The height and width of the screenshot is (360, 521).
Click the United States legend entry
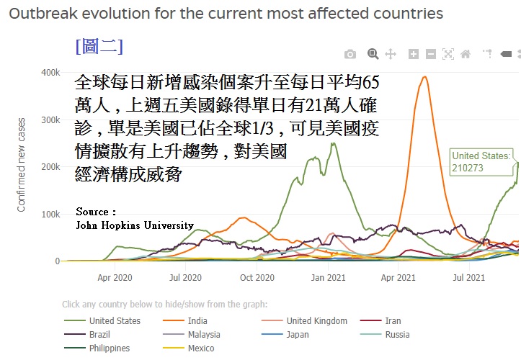pyautogui.click(x=114, y=321)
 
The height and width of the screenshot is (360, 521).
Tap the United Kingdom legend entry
pyautogui.click(x=316, y=321)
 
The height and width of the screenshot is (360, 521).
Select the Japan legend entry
pyautogui.click(x=297, y=335)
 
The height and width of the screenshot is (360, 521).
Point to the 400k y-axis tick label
pyautogui.click(x=50, y=73)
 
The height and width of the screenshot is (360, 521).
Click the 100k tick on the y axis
pyautogui.click(x=50, y=215)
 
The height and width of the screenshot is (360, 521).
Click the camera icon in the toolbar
pyautogui.click(x=349, y=54)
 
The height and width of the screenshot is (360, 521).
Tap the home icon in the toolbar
pyautogui.click(x=466, y=54)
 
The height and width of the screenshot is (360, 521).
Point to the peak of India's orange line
pyautogui.click(x=424, y=77)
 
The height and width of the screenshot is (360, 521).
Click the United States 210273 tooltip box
pyautogui.click(x=481, y=161)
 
